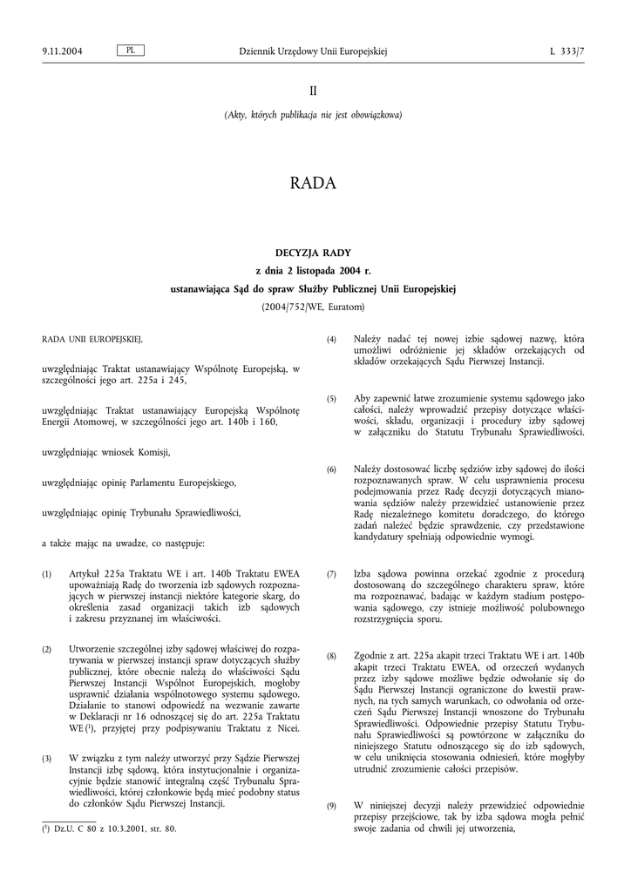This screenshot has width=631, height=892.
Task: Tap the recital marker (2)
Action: point(47,651)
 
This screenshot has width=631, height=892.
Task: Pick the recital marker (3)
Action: point(47,759)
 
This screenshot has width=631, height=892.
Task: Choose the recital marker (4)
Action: point(331,339)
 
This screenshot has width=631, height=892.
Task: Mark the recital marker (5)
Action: point(331,399)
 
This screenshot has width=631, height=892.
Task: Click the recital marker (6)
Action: point(331,470)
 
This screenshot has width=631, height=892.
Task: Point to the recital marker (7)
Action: point(331,575)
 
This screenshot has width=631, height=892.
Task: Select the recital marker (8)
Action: point(331,655)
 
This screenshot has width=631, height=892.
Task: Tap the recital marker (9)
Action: point(331,807)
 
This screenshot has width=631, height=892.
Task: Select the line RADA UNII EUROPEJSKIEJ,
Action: point(92,338)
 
